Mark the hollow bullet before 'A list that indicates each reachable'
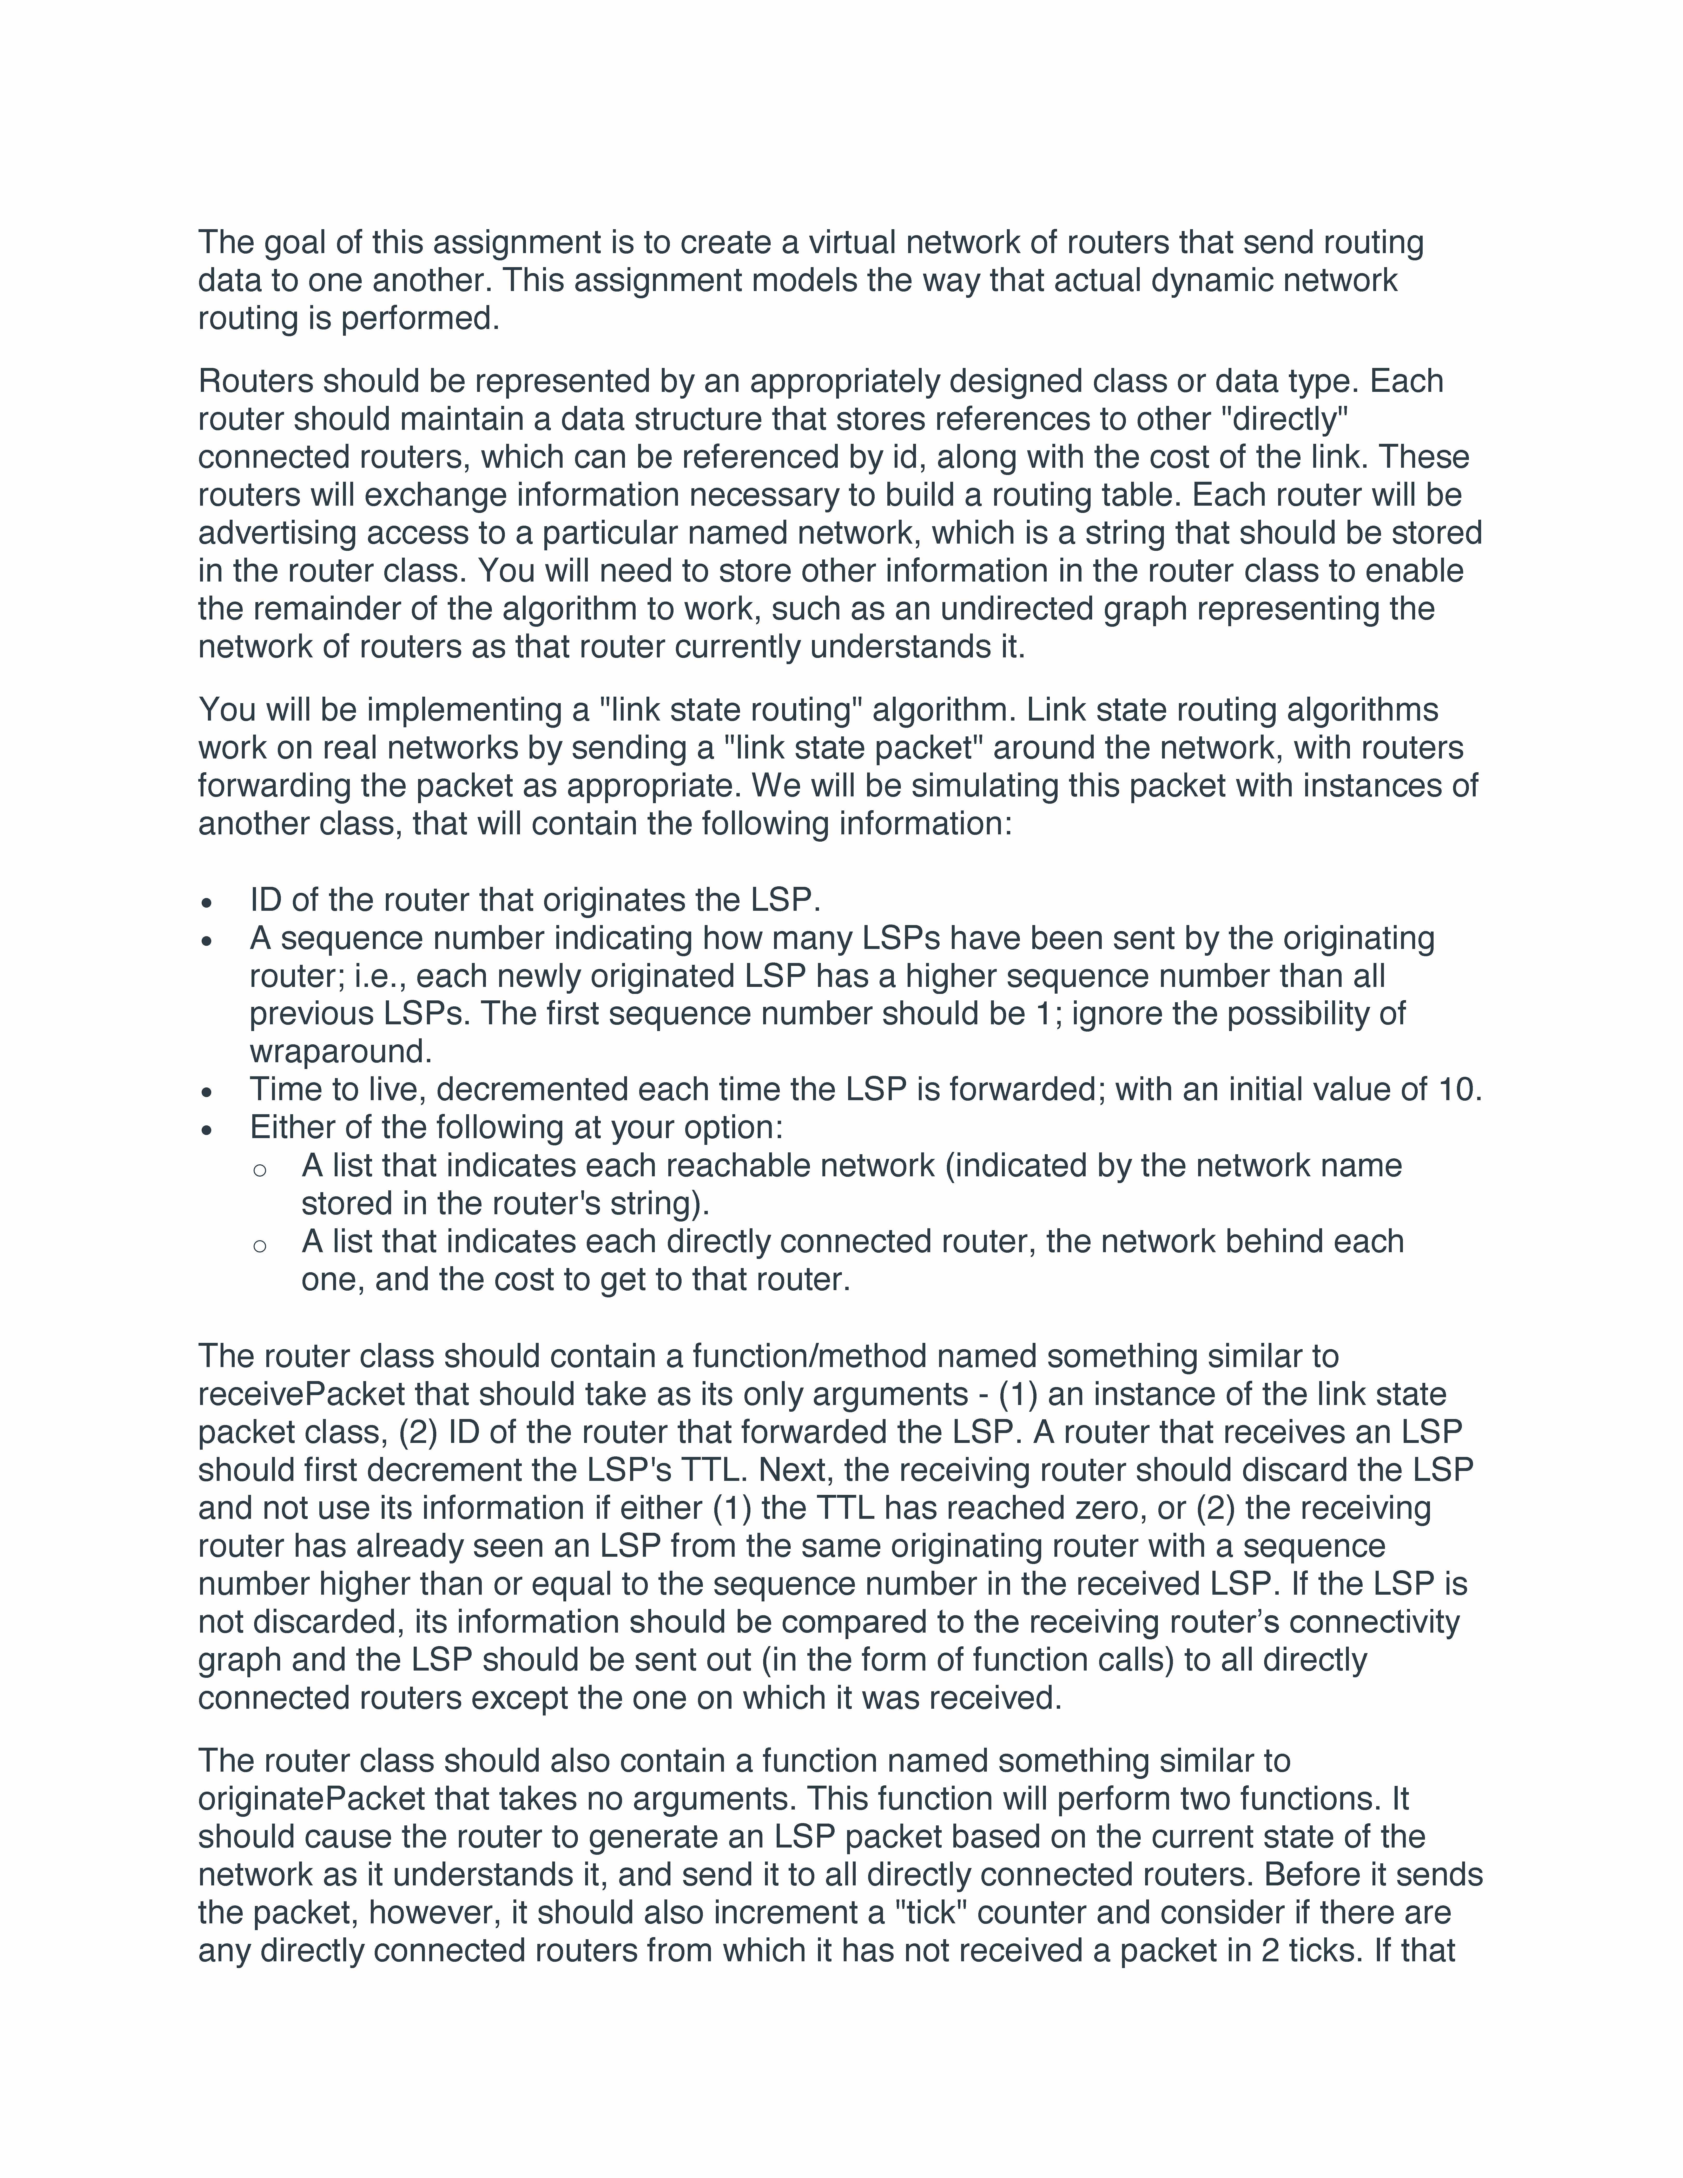tap(259, 1169)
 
